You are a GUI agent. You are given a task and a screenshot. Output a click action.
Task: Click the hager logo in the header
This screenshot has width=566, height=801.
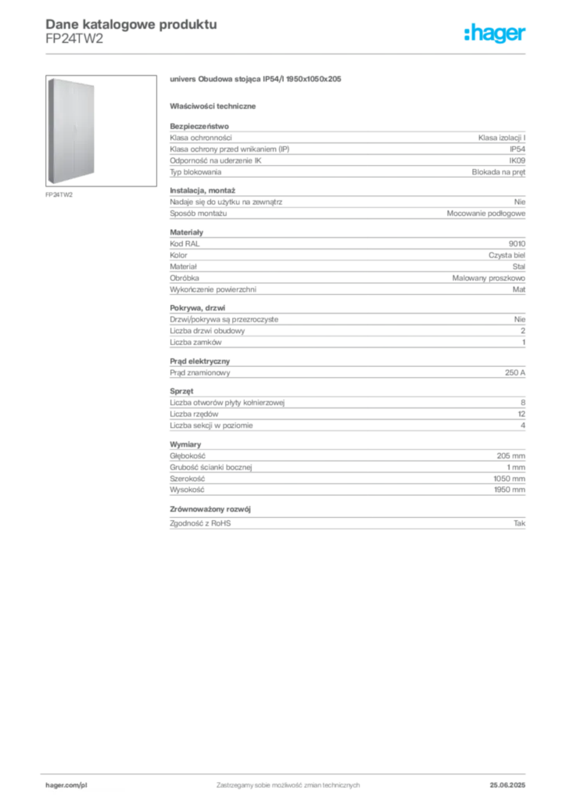click(x=495, y=33)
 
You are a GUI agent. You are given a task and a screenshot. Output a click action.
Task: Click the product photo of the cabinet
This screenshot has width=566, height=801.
click(x=71, y=131)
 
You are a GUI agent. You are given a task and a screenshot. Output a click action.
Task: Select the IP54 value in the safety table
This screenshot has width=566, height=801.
click(x=518, y=149)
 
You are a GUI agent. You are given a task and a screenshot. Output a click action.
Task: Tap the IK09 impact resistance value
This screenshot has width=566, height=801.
click(x=517, y=160)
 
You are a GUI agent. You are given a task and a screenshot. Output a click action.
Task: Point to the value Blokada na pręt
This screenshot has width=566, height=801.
click(x=499, y=172)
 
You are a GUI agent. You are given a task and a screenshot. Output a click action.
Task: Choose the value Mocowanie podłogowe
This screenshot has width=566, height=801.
click(x=486, y=214)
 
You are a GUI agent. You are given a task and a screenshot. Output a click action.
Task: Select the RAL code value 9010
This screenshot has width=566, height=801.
click(x=517, y=244)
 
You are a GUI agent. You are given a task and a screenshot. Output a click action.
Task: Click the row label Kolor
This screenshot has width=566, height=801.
click(x=178, y=255)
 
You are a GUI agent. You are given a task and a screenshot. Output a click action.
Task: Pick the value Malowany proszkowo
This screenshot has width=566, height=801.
click(x=489, y=278)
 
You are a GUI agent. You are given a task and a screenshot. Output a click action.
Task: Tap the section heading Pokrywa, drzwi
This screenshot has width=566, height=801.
click(x=198, y=308)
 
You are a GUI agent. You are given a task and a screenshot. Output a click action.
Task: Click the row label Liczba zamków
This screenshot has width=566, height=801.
click(x=195, y=343)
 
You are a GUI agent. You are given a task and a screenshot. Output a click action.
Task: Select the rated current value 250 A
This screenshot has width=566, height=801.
click(x=515, y=373)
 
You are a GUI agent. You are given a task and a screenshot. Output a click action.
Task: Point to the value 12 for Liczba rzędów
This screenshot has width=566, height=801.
click(x=521, y=414)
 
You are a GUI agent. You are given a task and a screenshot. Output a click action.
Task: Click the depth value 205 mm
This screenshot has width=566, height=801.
click(x=510, y=456)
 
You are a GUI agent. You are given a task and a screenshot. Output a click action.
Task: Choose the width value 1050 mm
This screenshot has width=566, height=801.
click(x=510, y=479)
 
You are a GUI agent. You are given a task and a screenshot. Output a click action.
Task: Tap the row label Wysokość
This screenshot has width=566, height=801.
click(x=187, y=490)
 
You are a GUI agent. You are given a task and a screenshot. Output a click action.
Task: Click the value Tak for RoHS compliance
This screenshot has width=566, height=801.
click(x=520, y=523)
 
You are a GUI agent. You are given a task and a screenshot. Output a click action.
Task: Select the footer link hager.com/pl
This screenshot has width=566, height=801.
click(x=66, y=785)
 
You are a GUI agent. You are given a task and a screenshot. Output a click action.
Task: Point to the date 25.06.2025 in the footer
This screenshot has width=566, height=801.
click(x=507, y=785)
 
